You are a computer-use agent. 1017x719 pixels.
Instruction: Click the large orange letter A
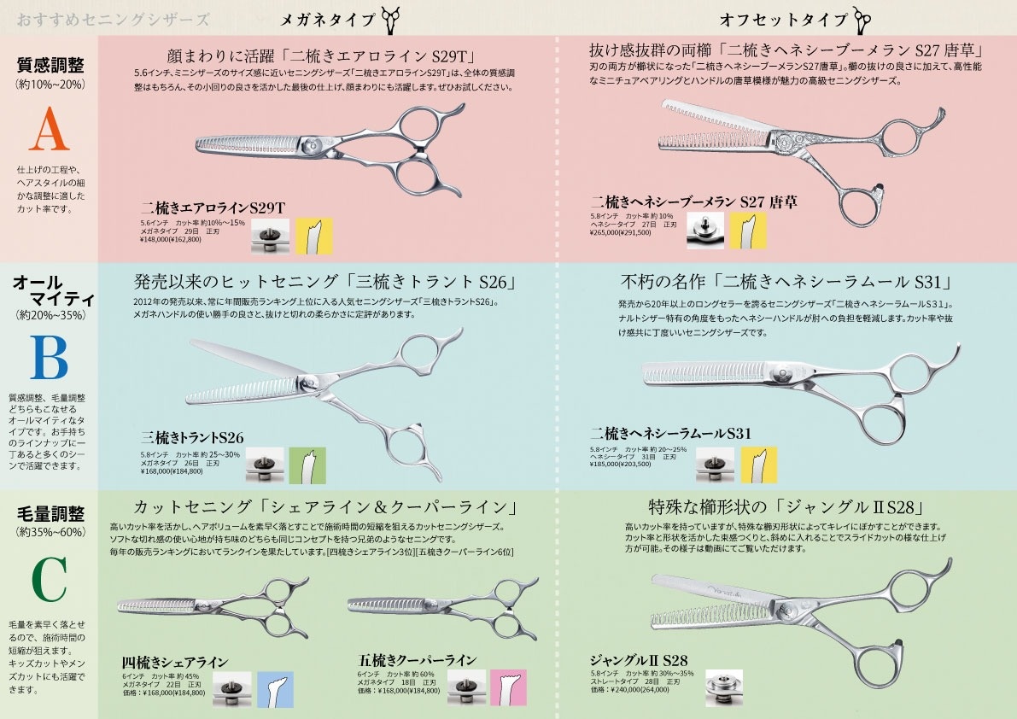[48, 133]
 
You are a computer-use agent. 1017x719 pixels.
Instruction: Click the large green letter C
[48, 581]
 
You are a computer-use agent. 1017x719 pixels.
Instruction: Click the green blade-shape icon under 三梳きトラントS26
[307, 465]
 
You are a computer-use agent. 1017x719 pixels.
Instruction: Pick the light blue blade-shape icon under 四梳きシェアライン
[275, 689]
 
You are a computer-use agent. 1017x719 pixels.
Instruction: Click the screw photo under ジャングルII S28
[723, 687]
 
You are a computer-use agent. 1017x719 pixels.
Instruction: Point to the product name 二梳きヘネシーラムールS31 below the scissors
[670, 434]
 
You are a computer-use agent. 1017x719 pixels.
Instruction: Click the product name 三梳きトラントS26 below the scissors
[192, 438]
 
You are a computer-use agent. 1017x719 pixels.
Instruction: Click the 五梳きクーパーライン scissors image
[440, 606]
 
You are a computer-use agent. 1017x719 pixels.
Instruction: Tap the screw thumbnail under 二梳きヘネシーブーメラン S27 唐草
[704, 231]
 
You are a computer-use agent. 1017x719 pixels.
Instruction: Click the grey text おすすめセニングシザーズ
[113, 19]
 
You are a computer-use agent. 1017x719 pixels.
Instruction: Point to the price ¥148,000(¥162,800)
[170, 240]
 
